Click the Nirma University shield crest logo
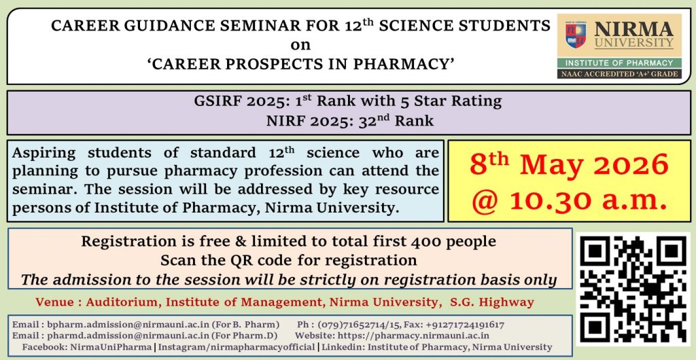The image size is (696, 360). tap(575, 35)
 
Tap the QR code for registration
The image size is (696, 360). tap(634, 289)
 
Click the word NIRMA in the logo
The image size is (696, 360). tap(633, 29)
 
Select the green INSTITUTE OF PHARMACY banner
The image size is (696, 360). tap(619, 62)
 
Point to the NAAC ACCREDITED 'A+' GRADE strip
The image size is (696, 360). tap(619, 73)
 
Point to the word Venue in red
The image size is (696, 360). tap(52, 302)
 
